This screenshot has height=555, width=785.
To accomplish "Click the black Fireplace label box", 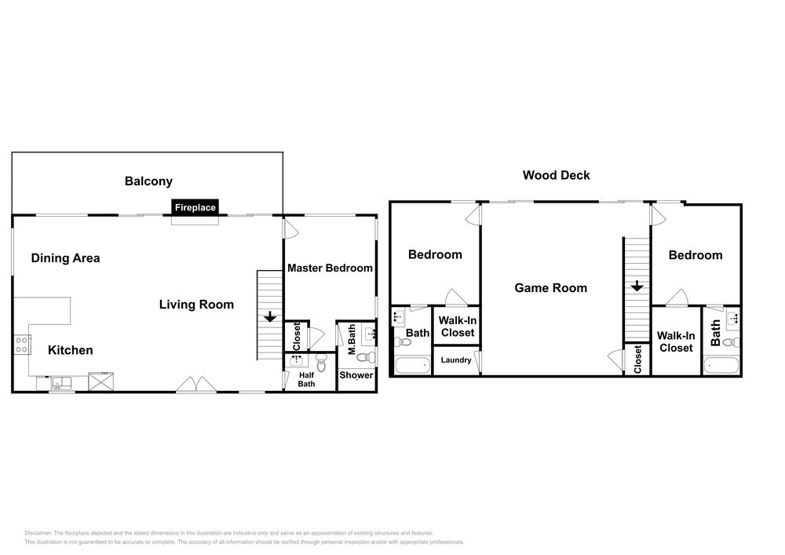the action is click(195, 207).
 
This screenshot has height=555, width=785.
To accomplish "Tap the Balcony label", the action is click(148, 181).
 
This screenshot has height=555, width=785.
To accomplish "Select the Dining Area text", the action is click(66, 258).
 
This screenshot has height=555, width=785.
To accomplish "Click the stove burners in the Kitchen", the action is click(21, 345).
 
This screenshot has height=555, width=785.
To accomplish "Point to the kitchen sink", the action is click(61, 384).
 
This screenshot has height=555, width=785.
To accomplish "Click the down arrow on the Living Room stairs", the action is click(270, 317).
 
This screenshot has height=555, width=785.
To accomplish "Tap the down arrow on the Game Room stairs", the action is click(637, 287).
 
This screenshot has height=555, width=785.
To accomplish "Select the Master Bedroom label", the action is click(330, 268).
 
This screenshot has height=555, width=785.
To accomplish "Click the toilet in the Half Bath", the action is click(321, 363).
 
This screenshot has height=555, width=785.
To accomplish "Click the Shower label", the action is click(356, 375).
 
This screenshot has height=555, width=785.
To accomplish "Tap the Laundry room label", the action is click(456, 360).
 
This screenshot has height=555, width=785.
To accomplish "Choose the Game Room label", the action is click(551, 288).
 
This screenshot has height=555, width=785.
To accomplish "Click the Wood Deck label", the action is click(557, 175).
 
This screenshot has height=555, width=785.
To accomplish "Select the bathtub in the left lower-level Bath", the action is click(413, 365).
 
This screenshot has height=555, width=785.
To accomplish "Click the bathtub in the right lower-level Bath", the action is click(721, 365).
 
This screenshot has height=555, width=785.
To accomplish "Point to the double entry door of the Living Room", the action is click(195, 385).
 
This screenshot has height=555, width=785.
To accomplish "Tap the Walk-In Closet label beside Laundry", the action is click(458, 327).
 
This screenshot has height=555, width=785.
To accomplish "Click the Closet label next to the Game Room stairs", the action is click(637, 360).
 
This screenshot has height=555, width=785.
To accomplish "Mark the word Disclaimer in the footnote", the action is click(38, 533).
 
